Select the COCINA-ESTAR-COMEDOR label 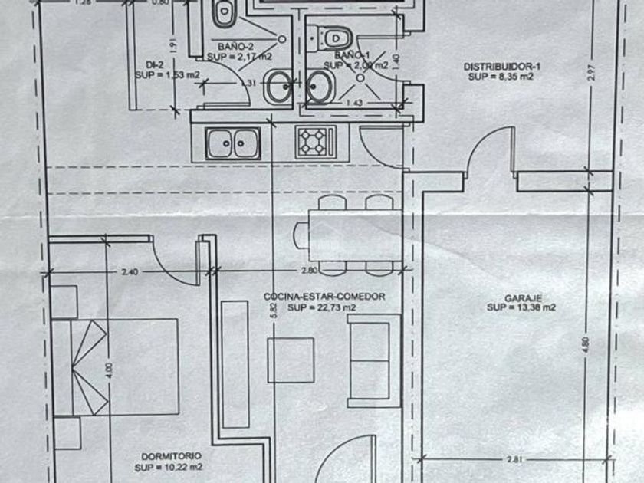pos(323,296)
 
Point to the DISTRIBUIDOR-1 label pos(498,67)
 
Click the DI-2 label pos(153,66)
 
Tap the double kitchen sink pos(232,141)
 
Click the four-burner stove pos(315,141)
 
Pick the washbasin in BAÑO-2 pos(277,87)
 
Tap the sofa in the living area pos(373,360)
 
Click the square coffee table pos(291,360)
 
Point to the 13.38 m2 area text pos(521,307)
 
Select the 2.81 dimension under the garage pos(515,459)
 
